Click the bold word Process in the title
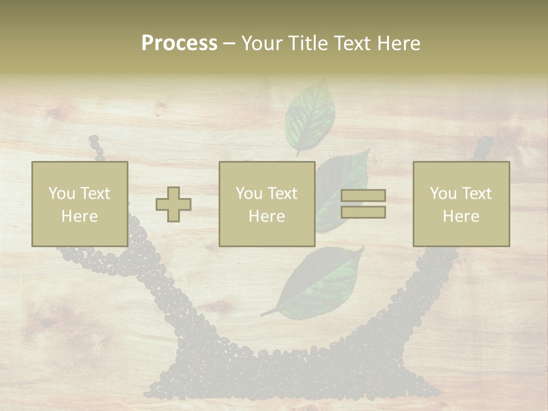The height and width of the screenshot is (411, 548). pos(179,43)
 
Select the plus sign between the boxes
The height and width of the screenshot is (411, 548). pos(174,204)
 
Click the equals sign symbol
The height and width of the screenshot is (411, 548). pos(363,204)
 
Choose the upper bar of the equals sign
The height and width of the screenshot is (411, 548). pos(363,196)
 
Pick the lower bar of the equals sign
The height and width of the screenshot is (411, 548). pos(363,212)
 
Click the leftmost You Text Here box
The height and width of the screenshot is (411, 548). pos(80,204)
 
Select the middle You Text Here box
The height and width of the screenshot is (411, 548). pos(267,204)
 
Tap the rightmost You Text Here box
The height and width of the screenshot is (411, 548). pos(461,204)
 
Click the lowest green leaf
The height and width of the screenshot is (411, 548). pos(323,283)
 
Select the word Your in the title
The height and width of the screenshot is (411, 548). pos(260,43)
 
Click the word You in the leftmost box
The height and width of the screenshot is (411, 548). pos(61,193)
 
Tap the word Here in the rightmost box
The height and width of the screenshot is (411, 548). pos(461,216)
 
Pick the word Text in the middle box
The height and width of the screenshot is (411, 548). pos(283,193)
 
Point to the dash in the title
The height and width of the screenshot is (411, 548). pos(229,43)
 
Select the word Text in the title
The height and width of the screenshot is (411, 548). pos(352,43)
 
